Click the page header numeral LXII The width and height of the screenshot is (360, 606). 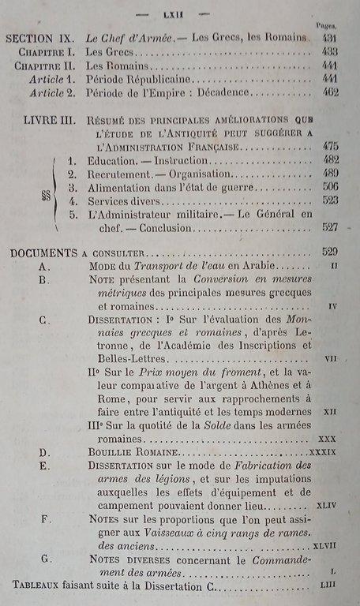tap(181, 13)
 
